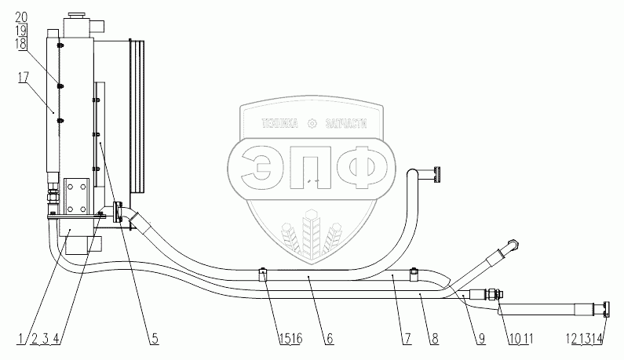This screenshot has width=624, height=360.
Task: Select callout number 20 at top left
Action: click(x=21, y=16)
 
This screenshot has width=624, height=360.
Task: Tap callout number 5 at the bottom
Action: click(x=155, y=338)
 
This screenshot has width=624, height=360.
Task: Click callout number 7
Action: click(x=407, y=338)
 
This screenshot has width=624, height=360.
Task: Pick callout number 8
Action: click(x=434, y=338)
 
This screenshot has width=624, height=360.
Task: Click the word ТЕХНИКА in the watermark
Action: click(x=280, y=122)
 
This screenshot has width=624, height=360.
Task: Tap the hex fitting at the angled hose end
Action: click(x=512, y=245)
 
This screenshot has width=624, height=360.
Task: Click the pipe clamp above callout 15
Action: click(x=264, y=274)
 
